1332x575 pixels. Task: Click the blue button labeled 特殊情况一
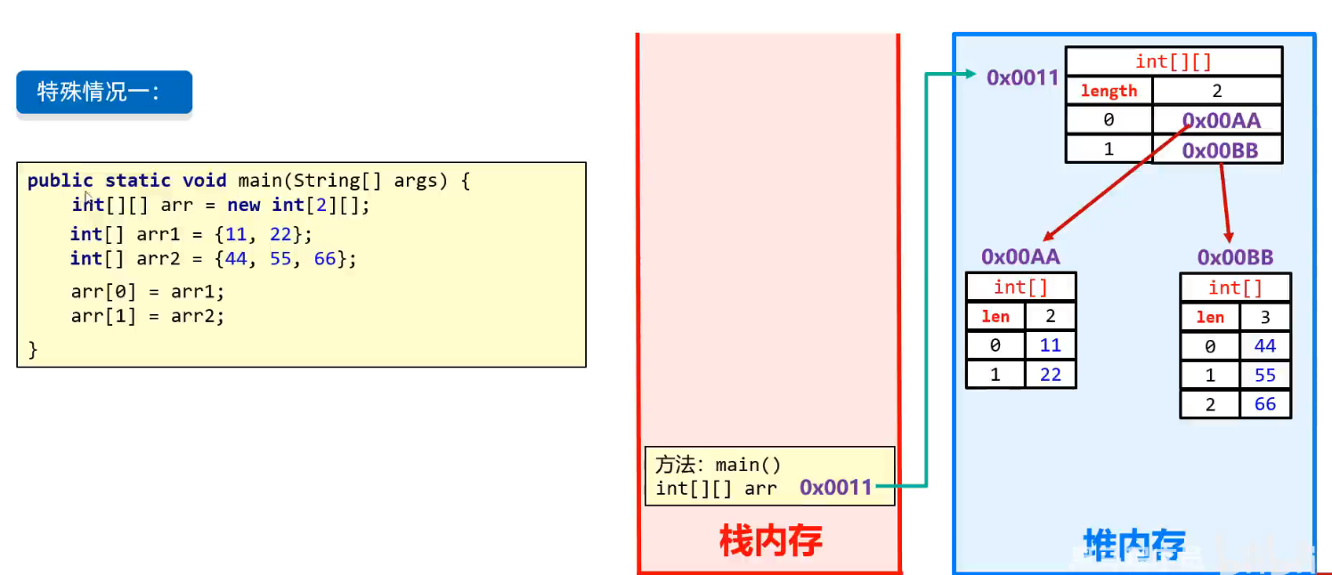pos(103,92)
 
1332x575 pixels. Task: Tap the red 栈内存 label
pos(770,540)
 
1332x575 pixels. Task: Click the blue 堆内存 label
pos(1133,544)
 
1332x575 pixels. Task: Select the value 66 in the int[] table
pos(1265,404)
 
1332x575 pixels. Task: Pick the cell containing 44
pos(1265,346)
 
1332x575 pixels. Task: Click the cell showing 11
pos(1051,345)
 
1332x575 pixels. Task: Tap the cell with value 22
pos(1051,375)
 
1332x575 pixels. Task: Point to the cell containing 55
pos(1265,376)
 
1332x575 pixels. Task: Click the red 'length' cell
pos(1109,91)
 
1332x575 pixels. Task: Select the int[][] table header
pos(1174,61)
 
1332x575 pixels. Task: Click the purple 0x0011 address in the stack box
pos(835,487)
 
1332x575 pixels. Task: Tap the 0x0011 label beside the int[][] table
pos(1022,77)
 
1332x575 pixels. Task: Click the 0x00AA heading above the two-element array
pos(1020,256)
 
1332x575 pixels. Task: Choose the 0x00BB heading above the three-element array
pos(1235,257)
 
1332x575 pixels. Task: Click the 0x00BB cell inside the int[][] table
pos(1220,150)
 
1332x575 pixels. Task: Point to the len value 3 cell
pos(1265,317)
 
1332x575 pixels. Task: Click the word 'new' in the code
pos(244,205)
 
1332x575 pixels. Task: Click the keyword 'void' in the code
pos(205,181)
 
